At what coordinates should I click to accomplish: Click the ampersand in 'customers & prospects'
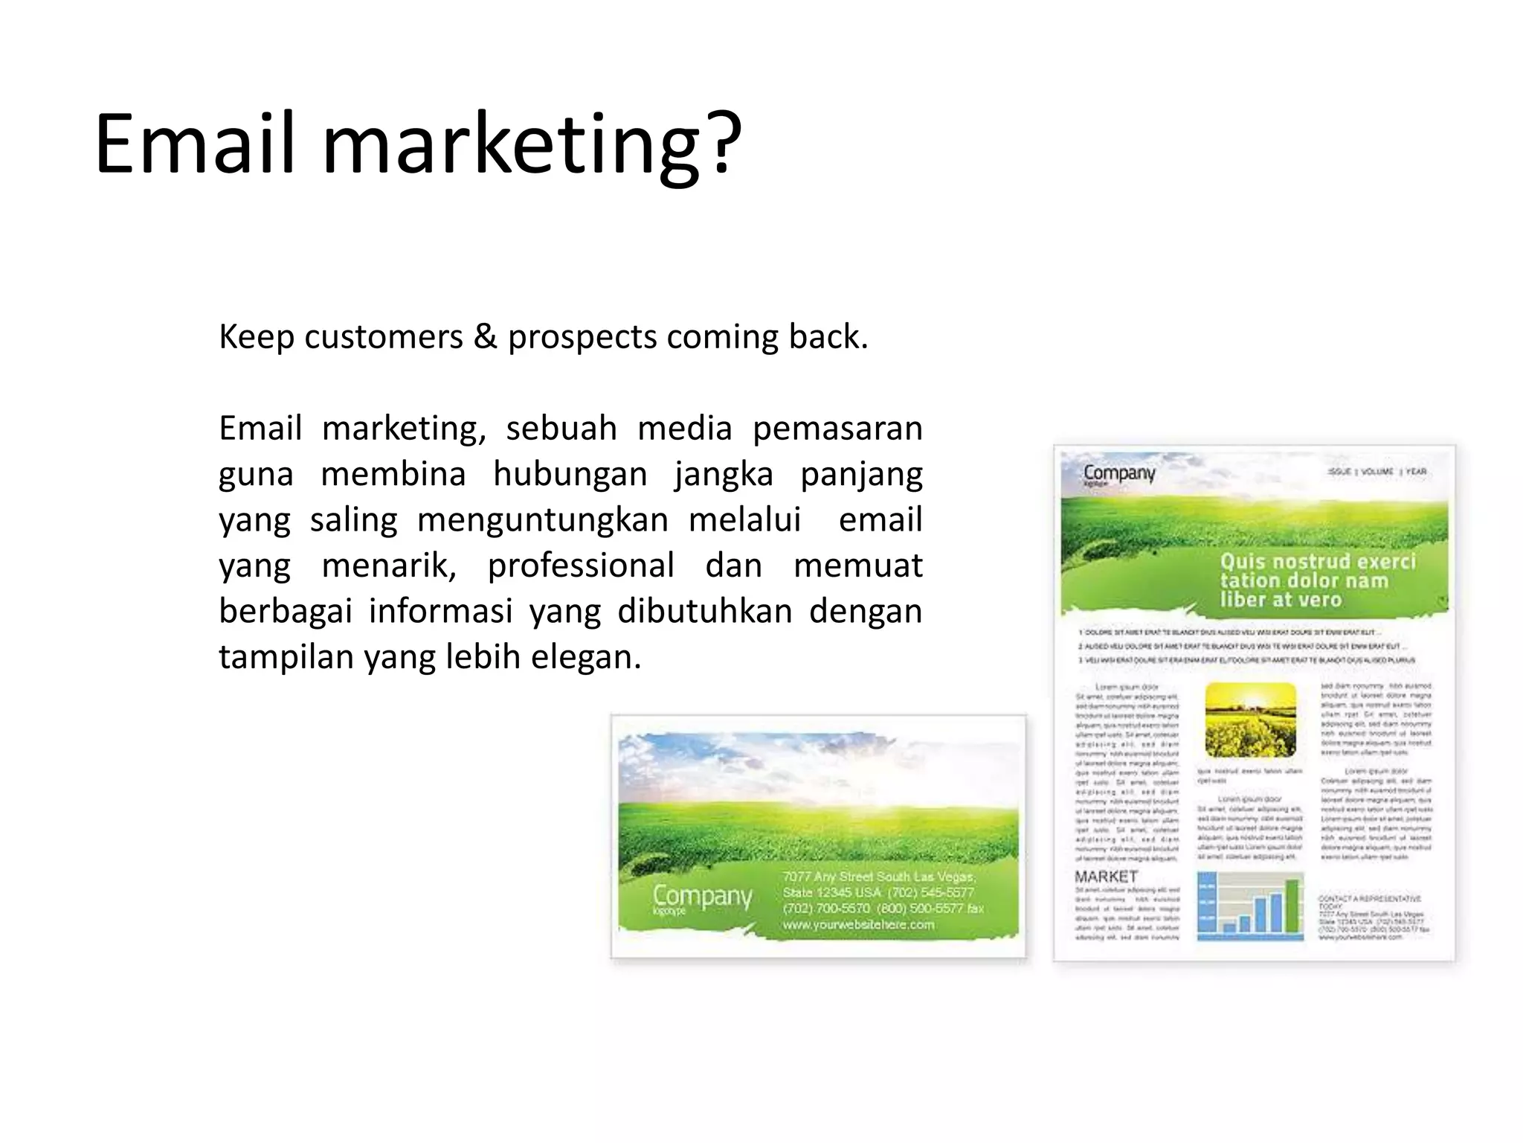pos(485,337)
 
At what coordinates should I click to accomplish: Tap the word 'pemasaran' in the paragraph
pos(837,429)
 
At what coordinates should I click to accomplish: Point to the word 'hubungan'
pos(570,475)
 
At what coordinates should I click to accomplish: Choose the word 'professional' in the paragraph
pos(581,566)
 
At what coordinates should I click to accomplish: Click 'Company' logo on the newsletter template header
pos(1119,473)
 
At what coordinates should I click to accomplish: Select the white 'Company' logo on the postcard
pos(702,897)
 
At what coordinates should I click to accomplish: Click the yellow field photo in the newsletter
pos(1250,720)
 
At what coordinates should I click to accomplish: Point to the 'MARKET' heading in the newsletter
pos(1106,877)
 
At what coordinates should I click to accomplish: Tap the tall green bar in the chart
pos(1292,906)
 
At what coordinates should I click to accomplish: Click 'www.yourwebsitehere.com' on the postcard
pos(858,925)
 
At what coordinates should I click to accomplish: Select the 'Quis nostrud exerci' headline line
pos(1318,561)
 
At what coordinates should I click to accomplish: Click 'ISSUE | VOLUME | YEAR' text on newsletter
pos(1377,472)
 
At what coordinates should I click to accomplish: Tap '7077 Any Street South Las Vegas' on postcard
pos(878,877)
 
